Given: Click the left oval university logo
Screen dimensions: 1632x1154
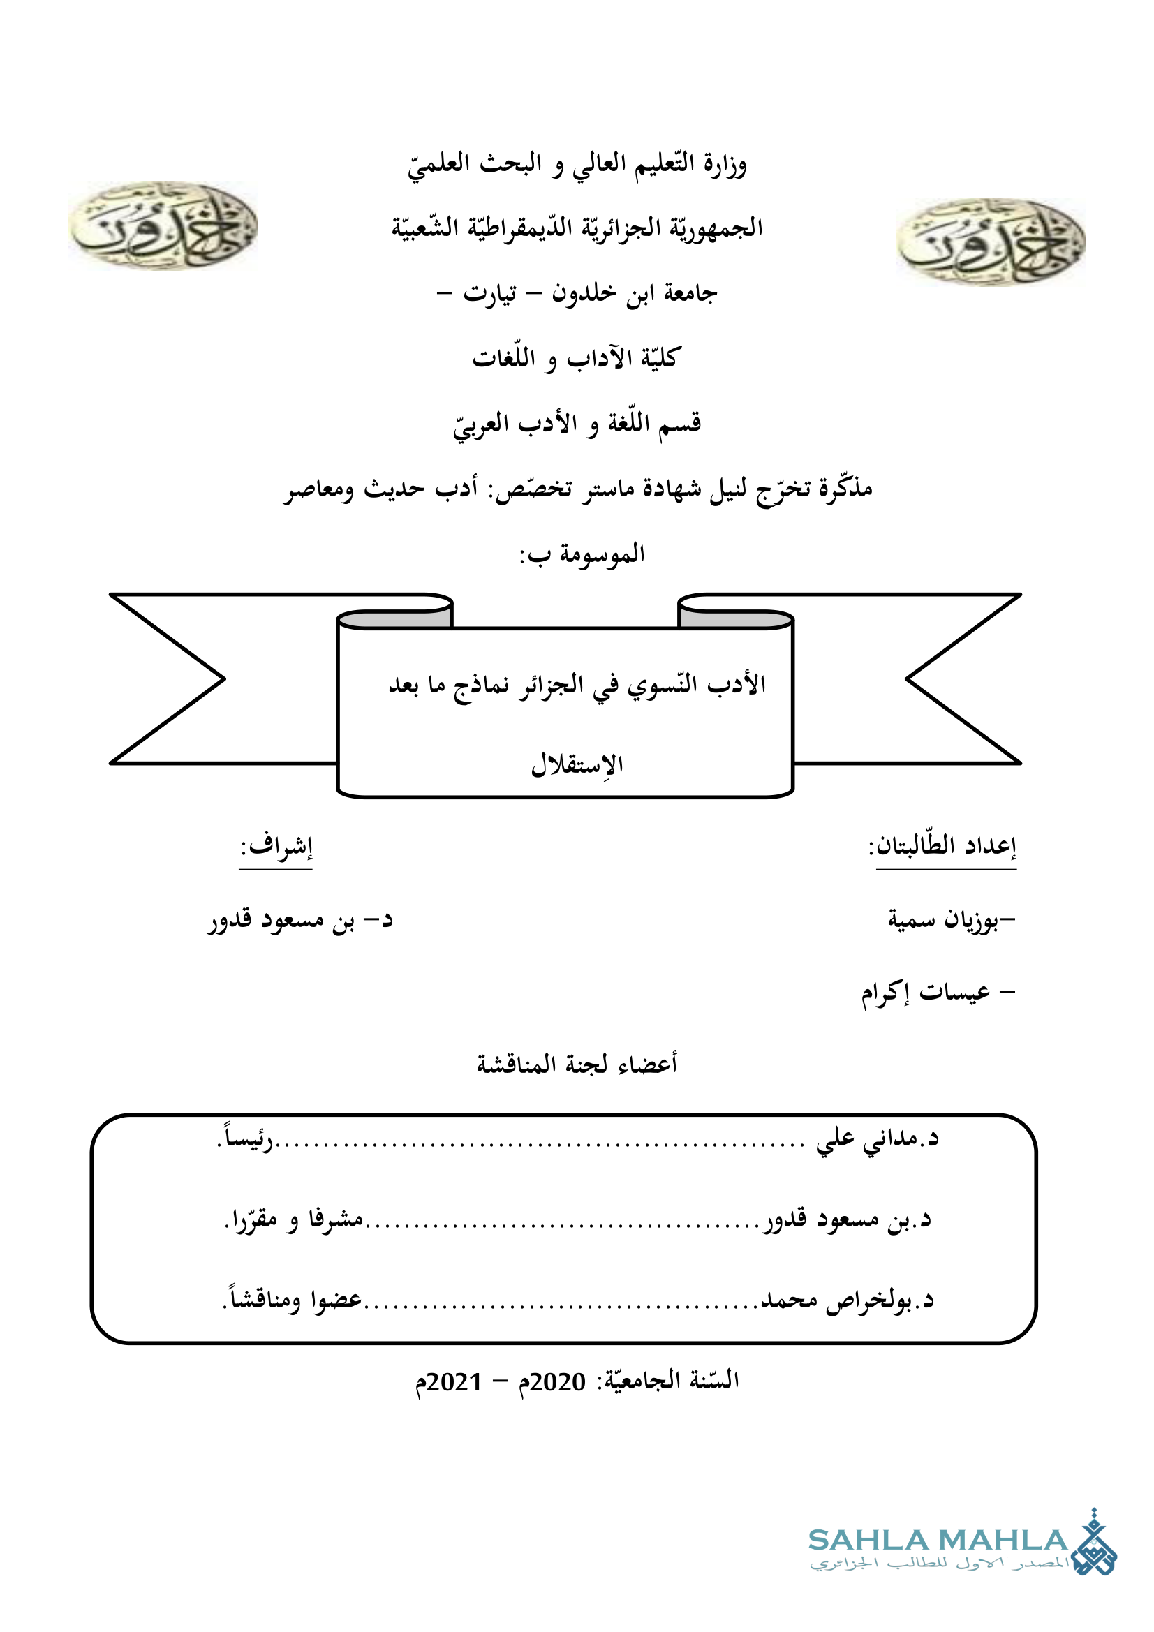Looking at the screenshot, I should click(163, 225).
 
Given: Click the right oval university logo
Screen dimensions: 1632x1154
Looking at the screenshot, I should click(991, 242).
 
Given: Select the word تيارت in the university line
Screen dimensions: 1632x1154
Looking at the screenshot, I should click(490, 293).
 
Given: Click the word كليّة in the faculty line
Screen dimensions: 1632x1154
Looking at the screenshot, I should click(660, 357).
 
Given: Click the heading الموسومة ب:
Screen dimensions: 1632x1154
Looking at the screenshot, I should click(582, 554).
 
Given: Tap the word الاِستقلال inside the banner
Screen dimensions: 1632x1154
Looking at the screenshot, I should click(577, 765).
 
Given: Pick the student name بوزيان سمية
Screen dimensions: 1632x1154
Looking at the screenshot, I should click(947, 920).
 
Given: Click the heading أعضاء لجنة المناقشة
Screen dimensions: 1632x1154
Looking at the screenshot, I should click(577, 1064).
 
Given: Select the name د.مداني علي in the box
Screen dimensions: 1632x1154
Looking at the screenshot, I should click(877, 1138).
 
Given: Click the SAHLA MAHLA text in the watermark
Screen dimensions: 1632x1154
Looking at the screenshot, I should click(937, 1541).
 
